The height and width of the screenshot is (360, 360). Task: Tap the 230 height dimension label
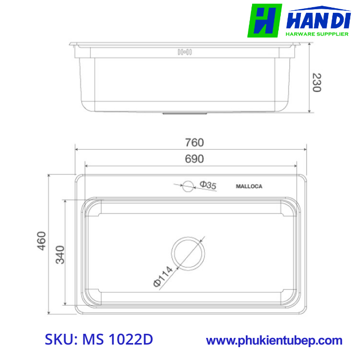(x=316, y=82)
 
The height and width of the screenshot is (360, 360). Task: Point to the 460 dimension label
(x=42, y=240)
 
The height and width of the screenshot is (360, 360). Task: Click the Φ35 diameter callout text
(x=208, y=185)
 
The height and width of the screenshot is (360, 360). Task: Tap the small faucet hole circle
(x=188, y=186)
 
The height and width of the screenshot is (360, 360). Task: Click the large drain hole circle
(x=188, y=253)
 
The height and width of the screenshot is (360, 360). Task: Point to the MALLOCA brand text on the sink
(x=249, y=186)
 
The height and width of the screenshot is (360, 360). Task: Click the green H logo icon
(x=264, y=21)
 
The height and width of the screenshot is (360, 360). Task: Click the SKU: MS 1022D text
(x=99, y=340)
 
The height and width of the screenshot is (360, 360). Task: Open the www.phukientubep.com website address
(x=274, y=340)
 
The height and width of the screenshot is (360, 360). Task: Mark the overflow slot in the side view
(x=184, y=52)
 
